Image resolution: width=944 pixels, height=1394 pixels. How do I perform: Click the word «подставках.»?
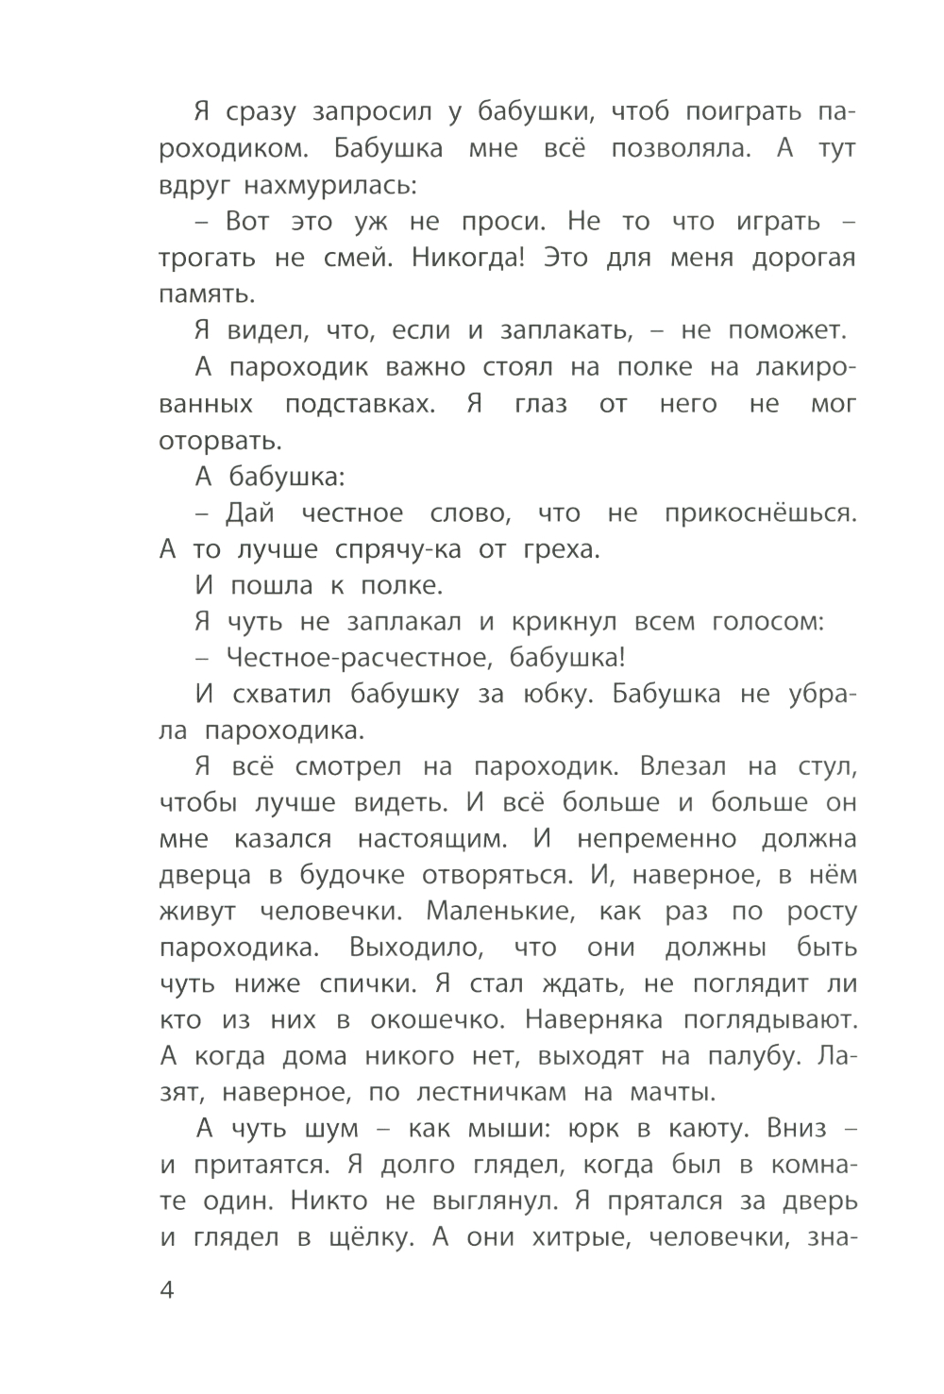361,404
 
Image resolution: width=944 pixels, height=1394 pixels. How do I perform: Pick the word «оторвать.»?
208,440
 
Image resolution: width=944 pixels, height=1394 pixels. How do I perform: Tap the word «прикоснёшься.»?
760,513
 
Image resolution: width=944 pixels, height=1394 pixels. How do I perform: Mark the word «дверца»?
206,876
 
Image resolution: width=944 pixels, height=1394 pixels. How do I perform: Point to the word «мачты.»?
672,1093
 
